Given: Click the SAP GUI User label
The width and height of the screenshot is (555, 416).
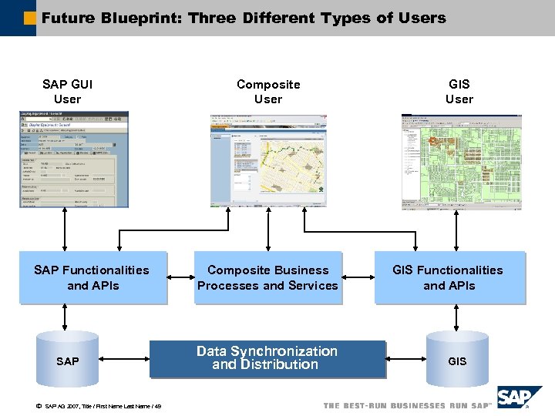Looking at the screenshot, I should click(68, 92).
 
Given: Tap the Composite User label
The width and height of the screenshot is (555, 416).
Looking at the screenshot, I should click(268, 92).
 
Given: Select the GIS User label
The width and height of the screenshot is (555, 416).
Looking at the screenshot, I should click(459, 92).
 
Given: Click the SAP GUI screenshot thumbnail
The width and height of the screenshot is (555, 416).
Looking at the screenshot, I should click(75, 159).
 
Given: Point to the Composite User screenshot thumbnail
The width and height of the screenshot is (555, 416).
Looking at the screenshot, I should click(268, 161).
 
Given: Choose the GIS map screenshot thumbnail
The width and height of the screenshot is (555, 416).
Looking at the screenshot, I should click(461, 162).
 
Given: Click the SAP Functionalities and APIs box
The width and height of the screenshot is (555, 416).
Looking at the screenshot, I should click(92, 277).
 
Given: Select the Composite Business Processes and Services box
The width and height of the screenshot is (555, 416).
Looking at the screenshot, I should click(267, 277).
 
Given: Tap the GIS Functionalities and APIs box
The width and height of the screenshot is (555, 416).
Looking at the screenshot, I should click(448, 277).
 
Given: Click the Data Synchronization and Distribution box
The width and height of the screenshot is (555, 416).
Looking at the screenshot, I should click(267, 358).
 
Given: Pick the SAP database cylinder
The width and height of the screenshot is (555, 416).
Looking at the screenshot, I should click(68, 361).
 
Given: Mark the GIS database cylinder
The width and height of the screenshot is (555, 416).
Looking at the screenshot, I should click(457, 361).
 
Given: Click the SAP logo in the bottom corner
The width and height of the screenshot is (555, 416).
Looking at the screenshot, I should click(519, 398).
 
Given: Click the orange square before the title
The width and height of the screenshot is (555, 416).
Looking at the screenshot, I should click(29, 18).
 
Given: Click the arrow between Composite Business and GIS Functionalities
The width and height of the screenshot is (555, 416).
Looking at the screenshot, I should click(357, 277).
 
